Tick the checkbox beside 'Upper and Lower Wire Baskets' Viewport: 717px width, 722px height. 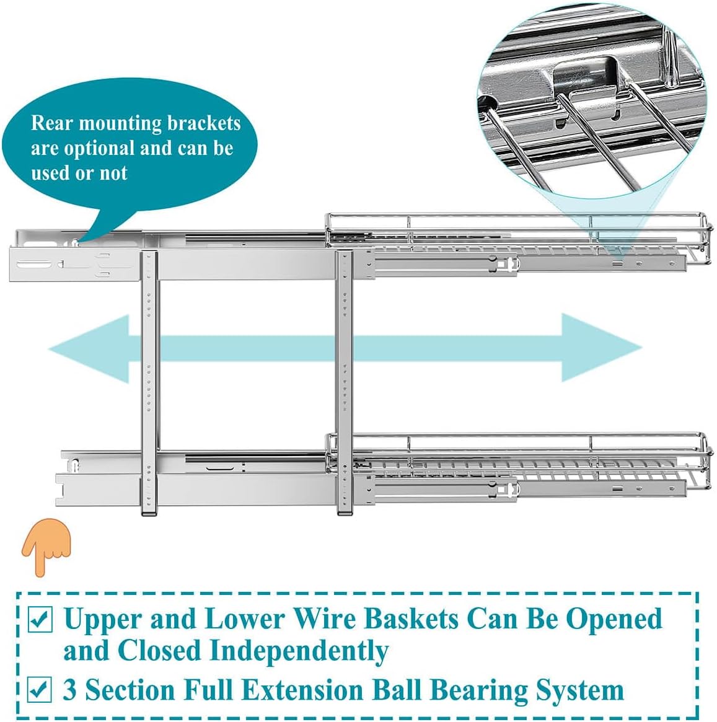(41, 620)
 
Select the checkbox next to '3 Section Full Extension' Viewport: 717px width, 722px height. (41, 689)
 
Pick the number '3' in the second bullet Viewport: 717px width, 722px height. (70, 690)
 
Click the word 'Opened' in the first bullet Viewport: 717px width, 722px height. (614, 619)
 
